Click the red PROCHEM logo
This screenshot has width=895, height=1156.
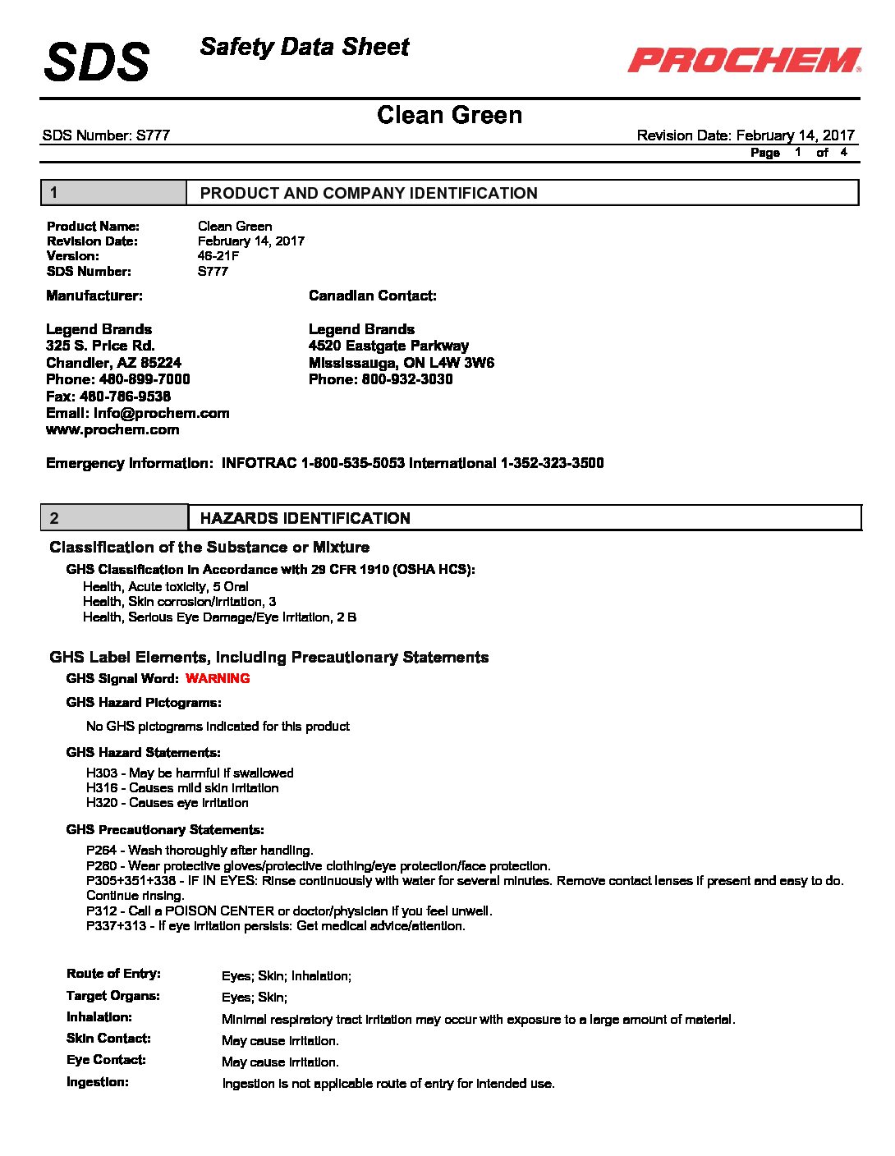(x=744, y=60)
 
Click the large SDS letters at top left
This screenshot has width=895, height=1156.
(x=97, y=62)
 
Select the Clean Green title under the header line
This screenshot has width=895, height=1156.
(x=449, y=115)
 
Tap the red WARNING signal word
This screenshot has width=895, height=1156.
(x=218, y=678)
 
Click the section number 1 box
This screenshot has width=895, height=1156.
(x=113, y=193)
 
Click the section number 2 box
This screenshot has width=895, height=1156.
(x=114, y=518)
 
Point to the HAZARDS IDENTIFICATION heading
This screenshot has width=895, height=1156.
(x=305, y=518)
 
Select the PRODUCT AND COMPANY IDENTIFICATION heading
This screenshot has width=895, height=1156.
(x=369, y=193)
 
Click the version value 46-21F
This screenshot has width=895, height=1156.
(x=218, y=256)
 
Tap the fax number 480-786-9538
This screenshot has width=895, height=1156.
(x=125, y=396)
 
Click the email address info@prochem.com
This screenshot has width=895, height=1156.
(x=161, y=413)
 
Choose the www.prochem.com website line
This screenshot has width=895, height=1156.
(x=112, y=429)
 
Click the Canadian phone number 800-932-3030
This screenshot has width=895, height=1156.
(x=406, y=379)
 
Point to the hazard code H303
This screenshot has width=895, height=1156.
(x=102, y=773)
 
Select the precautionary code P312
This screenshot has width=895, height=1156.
(x=102, y=911)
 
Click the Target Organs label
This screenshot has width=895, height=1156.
(x=113, y=996)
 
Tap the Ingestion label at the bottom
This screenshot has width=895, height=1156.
(x=98, y=1082)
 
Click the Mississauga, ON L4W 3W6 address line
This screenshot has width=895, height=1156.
(x=402, y=363)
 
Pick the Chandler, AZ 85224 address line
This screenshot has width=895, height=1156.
(x=113, y=363)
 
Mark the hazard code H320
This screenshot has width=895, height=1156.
(x=102, y=803)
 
